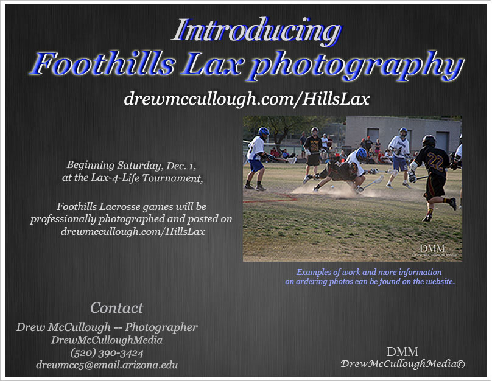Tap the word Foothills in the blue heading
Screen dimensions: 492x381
(x=102, y=64)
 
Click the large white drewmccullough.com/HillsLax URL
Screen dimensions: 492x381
(x=247, y=99)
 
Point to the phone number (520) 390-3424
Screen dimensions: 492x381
(x=107, y=353)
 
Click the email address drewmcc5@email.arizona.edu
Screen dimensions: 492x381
(x=107, y=365)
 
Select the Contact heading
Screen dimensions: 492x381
(x=117, y=307)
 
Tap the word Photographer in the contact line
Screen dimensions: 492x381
(x=161, y=327)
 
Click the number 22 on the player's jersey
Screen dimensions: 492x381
(x=435, y=162)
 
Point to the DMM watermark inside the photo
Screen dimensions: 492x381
(x=432, y=249)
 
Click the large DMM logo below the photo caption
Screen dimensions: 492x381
(x=402, y=352)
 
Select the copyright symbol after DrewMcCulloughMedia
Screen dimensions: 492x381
(x=461, y=364)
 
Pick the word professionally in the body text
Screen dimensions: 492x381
(x=63, y=219)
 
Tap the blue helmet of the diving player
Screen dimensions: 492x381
(x=362, y=153)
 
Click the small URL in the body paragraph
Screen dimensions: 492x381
(x=133, y=232)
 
